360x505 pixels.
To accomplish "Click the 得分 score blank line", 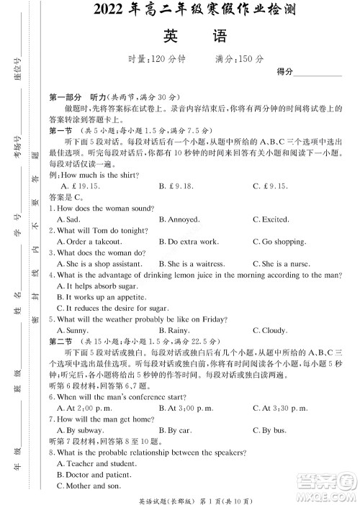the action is point(318,73).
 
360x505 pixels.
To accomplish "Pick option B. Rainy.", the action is point(174,330).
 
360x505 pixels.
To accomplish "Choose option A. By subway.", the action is point(76,430).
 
